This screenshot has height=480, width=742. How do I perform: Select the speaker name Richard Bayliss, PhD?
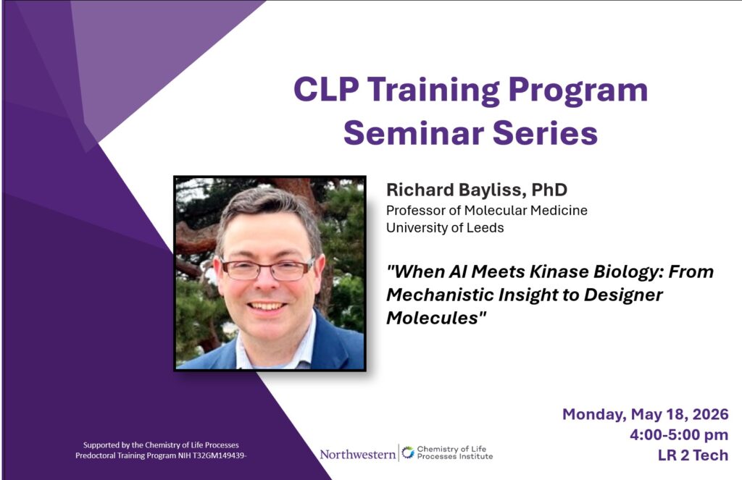coord(477,190)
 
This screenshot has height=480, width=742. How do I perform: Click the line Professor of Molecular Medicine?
coord(486,211)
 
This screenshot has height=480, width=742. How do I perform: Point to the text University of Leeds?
coord(445,228)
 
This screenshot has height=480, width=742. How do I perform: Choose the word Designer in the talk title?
coord(622,295)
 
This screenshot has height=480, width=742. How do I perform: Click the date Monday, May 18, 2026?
coord(645,415)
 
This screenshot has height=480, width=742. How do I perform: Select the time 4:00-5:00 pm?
coord(678,435)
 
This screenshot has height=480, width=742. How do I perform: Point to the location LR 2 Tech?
coord(693,455)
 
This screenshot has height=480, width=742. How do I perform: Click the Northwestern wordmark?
coord(357,455)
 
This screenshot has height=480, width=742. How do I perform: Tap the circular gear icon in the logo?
coord(407,452)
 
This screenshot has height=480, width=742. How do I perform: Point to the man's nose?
coord(267,285)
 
